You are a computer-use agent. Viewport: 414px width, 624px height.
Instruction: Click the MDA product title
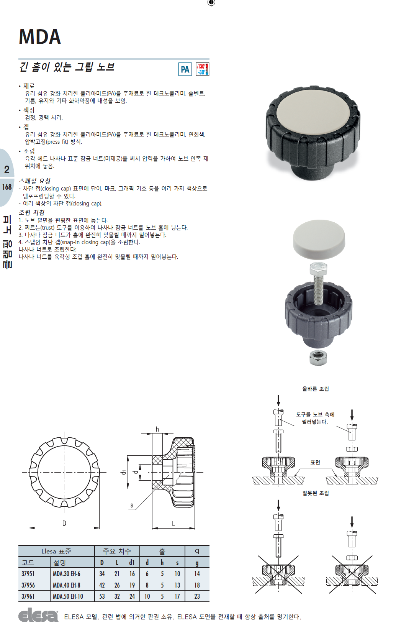click(40, 37)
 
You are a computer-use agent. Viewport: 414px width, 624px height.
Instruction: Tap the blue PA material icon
click(185, 69)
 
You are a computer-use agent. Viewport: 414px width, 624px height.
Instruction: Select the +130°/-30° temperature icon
click(203, 69)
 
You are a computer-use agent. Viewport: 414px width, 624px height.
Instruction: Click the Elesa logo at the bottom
click(38, 615)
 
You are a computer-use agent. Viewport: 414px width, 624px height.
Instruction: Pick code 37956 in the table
click(28, 585)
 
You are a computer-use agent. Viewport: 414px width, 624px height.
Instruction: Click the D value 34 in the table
click(102, 574)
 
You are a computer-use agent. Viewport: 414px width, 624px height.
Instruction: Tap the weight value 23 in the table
click(197, 596)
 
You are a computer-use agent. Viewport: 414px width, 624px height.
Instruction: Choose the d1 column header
click(132, 562)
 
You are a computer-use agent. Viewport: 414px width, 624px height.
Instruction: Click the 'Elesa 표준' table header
click(56, 551)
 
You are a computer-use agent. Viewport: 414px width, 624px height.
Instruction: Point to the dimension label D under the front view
click(64, 523)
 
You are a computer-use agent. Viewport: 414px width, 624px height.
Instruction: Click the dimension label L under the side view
click(173, 524)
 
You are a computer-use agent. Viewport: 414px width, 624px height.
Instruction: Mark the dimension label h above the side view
click(157, 429)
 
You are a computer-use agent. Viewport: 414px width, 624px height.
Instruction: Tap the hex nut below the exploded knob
click(318, 358)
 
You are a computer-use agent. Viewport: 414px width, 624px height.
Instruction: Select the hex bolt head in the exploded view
click(319, 269)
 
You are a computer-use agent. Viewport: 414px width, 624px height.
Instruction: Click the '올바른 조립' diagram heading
click(316, 389)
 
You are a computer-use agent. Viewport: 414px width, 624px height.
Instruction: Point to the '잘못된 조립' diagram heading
click(316, 493)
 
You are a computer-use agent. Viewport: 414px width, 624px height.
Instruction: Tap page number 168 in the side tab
click(7, 187)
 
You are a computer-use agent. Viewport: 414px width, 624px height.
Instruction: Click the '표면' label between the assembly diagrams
click(315, 462)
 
